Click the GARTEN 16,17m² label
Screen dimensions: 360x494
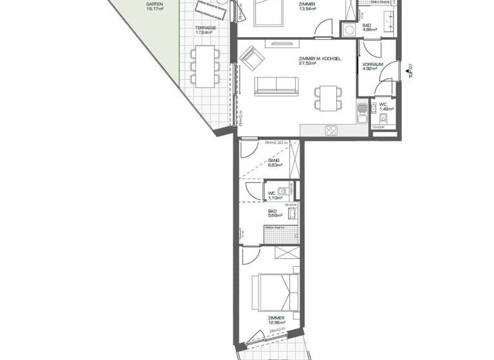pos(154,7)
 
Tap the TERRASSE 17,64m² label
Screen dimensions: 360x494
pos(205,31)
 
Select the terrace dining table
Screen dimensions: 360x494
pos(205,66)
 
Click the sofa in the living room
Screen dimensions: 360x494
pos(276,85)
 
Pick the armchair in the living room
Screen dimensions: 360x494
pos(252,60)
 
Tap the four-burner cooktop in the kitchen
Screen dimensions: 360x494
pos(332,130)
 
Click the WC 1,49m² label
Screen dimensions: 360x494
pos(383,107)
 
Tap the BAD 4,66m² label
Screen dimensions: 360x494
pos(369,27)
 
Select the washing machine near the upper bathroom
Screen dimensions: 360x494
pos(348,30)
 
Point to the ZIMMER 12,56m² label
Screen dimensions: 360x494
pos(277,320)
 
